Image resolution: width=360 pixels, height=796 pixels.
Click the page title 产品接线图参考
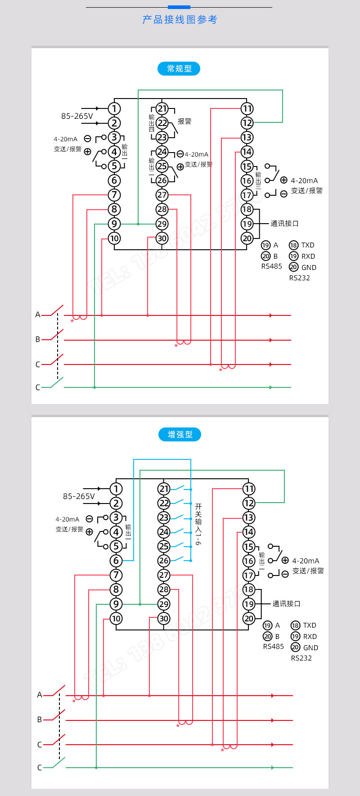[x=180, y=19]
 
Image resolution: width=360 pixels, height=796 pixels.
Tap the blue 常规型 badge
[x=179, y=69]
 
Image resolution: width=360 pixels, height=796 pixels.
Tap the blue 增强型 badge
[x=180, y=435]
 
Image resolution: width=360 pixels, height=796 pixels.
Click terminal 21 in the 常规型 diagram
[x=162, y=108]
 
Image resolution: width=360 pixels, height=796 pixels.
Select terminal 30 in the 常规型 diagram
[x=162, y=238]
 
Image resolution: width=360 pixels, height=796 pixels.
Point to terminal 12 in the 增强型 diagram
[x=249, y=503]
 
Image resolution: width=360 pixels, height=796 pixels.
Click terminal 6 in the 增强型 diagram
[x=116, y=561]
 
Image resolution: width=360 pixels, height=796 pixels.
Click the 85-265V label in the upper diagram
[x=77, y=116]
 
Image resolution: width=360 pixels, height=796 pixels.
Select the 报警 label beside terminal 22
[x=184, y=121]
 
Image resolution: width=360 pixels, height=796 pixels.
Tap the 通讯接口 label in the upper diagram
[x=284, y=224]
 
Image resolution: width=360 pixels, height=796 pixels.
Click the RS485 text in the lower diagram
[x=273, y=647]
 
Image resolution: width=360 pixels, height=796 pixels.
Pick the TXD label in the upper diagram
[x=308, y=245]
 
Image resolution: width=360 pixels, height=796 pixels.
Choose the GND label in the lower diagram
[x=310, y=648]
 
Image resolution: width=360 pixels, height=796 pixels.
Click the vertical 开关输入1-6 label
[x=198, y=524]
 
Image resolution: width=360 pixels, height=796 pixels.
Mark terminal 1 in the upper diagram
[x=114, y=108]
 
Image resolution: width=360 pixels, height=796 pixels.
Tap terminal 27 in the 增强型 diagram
[x=164, y=575]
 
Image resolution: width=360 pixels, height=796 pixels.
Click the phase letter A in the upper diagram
[x=38, y=315]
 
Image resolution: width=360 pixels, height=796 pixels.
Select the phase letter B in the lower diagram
[x=40, y=720]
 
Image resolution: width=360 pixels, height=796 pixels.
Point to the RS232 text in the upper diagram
[x=299, y=278]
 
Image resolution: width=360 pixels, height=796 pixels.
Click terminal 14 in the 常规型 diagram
[x=247, y=152]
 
